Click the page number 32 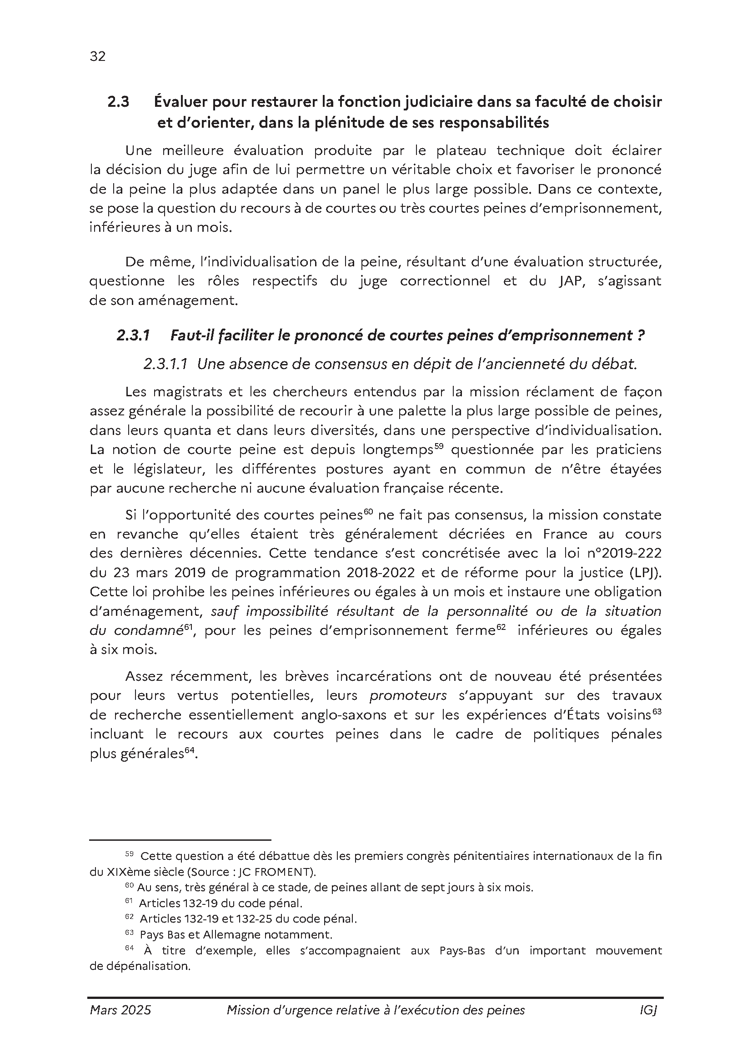(98, 56)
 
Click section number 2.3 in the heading (118, 102)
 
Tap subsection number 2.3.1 (133, 336)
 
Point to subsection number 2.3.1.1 (165, 364)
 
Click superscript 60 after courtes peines (369, 511)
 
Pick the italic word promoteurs (408, 695)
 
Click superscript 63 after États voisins (657, 712)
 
